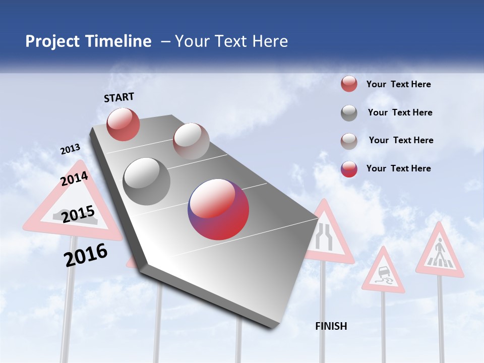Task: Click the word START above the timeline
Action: click(119, 97)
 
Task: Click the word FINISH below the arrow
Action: click(331, 326)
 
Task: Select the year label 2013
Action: click(70, 149)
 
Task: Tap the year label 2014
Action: click(74, 179)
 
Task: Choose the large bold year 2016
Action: click(86, 255)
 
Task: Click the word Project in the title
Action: click(52, 41)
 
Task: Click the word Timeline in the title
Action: click(119, 41)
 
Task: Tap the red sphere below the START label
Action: click(123, 124)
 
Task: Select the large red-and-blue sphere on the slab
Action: click(218, 209)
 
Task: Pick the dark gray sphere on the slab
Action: click(147, 181)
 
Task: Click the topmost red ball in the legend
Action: click(349, 84)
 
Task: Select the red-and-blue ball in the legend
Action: click(349, 169)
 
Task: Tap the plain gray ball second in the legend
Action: click(349, 113)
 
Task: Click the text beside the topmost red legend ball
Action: click(398, 84)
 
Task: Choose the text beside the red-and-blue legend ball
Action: click(398, 168)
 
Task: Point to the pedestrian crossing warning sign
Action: click(440, 252)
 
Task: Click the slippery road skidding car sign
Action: click(383, 274)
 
